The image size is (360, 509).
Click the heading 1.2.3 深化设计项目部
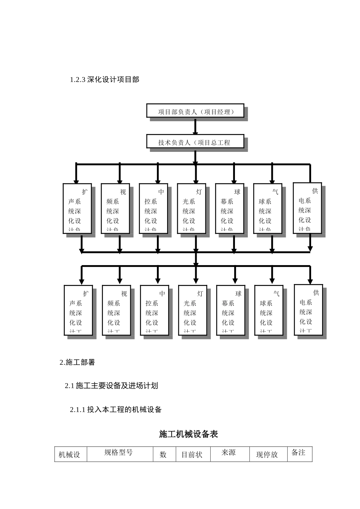105,80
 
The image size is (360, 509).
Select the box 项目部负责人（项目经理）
195,111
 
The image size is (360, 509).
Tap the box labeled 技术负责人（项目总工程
195,142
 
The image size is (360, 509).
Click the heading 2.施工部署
77,362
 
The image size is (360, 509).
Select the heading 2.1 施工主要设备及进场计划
111,386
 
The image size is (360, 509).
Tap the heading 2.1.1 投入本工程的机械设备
116,409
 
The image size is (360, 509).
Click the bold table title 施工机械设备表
188,434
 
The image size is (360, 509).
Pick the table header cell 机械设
70,454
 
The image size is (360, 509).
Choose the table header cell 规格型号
119,453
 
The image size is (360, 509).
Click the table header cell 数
163,454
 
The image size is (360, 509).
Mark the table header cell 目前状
192,454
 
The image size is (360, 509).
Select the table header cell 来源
229,453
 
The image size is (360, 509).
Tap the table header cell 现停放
267,454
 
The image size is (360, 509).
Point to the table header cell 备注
299,453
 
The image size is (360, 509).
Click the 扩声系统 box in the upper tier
77,208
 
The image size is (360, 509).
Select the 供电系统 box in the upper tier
307,208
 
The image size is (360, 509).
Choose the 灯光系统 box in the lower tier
193,310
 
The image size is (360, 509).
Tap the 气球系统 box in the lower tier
269,310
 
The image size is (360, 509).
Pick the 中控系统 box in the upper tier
153,208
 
